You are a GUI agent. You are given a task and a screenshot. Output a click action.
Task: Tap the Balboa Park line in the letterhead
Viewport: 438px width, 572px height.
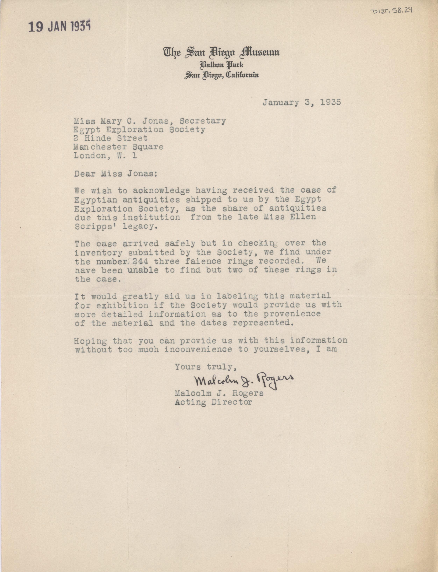pyautogui.click(x=221, y=65)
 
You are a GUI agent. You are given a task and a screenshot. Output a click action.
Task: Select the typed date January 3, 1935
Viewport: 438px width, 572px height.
pyautogui.click(x=302, y=102)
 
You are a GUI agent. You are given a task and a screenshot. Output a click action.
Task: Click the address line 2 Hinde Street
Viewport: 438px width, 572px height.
pyautogui.click(x=111, y=138)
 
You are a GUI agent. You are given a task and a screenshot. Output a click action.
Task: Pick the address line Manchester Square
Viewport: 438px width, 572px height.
pyautogui.click(x=119, y=147)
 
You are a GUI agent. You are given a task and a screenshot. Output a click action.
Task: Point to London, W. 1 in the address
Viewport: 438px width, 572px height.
pyautogui.click(x=105, y=156)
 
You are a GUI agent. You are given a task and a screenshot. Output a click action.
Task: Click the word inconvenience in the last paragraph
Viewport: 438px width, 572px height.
pyautogui.click(x=198, y=349)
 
